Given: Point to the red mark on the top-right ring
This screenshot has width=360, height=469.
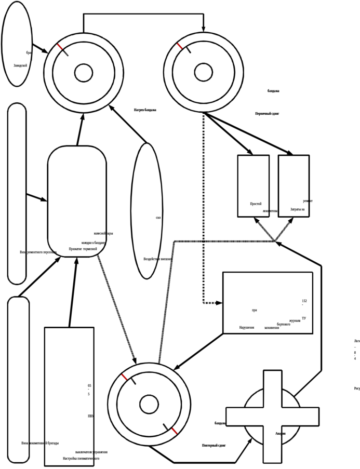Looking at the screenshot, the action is pyautogui.click(x=180, y=46).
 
